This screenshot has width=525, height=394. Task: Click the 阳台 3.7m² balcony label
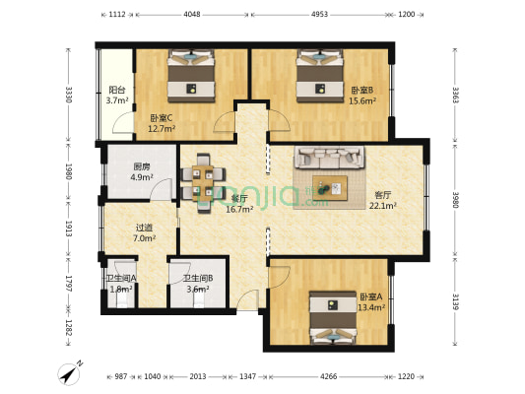tap(117, 96)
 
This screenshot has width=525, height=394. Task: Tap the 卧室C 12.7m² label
tap(162, 122)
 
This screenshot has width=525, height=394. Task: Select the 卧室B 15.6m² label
tap(361, 96)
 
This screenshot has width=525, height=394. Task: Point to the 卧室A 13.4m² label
tap(370, 301)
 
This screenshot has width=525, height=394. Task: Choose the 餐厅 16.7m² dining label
tap(239, 203)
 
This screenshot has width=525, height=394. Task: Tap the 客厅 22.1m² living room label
tap(382, 200)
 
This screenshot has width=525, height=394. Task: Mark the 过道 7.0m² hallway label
tap(144, 232)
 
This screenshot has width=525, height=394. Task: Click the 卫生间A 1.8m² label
tap(121, 284)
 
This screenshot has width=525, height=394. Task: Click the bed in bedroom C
tap(191, 78)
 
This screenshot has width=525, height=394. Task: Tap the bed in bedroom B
tap(320, 77)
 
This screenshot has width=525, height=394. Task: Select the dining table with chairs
tap(203, 175)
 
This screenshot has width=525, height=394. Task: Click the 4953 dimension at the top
tap(320, 15)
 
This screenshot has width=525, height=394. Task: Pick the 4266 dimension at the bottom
tap(331, 376)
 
